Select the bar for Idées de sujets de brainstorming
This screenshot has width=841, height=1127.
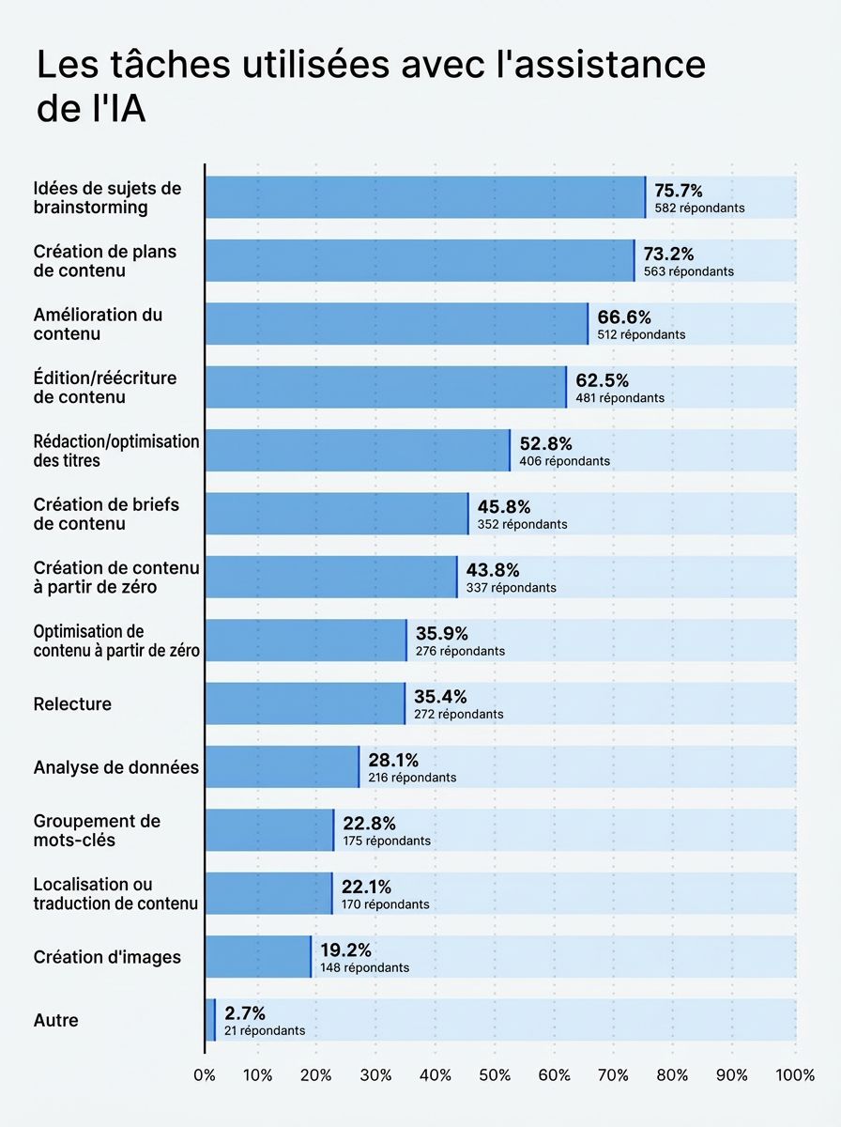coord(424,197)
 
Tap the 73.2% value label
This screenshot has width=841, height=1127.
coord(668,254)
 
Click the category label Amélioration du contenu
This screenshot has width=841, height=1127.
coord(98,324)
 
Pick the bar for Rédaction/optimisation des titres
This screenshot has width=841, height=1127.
coord(357,451)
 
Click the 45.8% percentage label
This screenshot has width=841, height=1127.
coord(504,506)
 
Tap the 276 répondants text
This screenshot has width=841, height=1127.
coord(460,651)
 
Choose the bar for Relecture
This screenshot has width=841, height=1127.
coord(304,703)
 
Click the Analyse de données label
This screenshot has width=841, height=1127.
coord(115,767)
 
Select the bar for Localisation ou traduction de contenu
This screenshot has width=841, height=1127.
coord(268,893)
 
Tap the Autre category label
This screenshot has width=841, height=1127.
coord(55,1020)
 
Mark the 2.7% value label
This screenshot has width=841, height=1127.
coord(245,1013)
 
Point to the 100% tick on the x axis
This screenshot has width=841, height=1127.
coord(795,1075)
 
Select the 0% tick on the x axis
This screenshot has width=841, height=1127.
coord(205,1075)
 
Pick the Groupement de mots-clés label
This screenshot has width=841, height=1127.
coord(97,830)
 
